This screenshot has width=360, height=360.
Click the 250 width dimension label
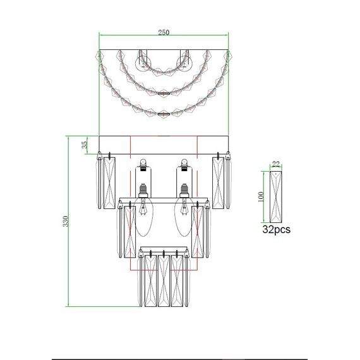(164, 33)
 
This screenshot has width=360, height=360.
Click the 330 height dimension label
(66, 221)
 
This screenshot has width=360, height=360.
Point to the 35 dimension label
(85, 144)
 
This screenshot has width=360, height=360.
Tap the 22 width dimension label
(276, 164)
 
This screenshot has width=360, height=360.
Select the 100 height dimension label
(261, 197)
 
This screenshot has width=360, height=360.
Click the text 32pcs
(276, 229)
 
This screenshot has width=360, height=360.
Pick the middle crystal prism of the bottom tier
(164, 280)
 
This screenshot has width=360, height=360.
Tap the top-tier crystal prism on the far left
(109, 183)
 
